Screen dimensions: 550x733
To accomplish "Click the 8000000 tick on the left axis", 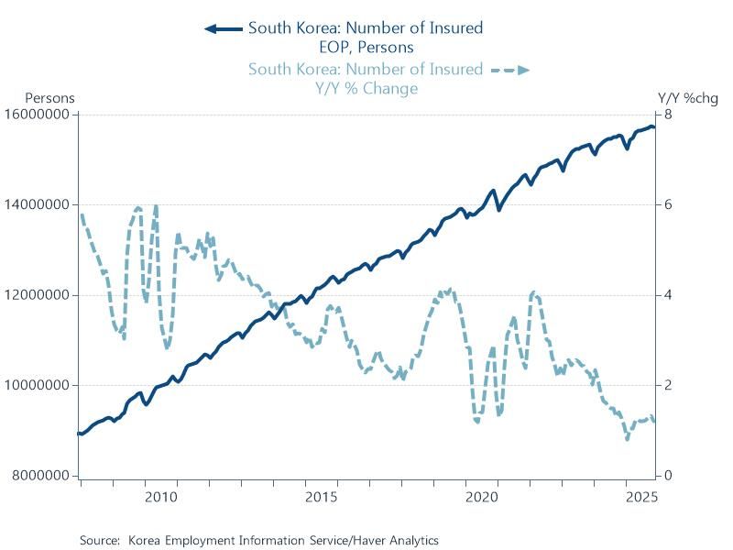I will [x=41, y=476].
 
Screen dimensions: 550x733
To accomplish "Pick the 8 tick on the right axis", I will [x=669, y=115].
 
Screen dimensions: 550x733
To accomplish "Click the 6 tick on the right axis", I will [x=669, y=204].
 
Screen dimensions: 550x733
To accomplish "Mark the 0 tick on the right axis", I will [x=669, y=476].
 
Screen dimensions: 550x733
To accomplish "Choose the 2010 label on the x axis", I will [x=160, y=498].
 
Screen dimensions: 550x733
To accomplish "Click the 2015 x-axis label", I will [x=322, y=498].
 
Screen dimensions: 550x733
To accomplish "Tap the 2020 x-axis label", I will [x=482, y=498].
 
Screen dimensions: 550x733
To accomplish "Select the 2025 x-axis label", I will [x=642, y=498].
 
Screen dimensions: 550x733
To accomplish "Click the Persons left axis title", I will [x=49, y=97].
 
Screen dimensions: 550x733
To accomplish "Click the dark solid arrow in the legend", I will [x=223, y=28].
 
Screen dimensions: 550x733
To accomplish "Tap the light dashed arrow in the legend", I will [x=509, y=70].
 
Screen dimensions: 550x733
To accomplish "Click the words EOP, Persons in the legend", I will [x=365, y=47].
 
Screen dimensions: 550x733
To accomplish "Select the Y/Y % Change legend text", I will [x=365, y=88].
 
